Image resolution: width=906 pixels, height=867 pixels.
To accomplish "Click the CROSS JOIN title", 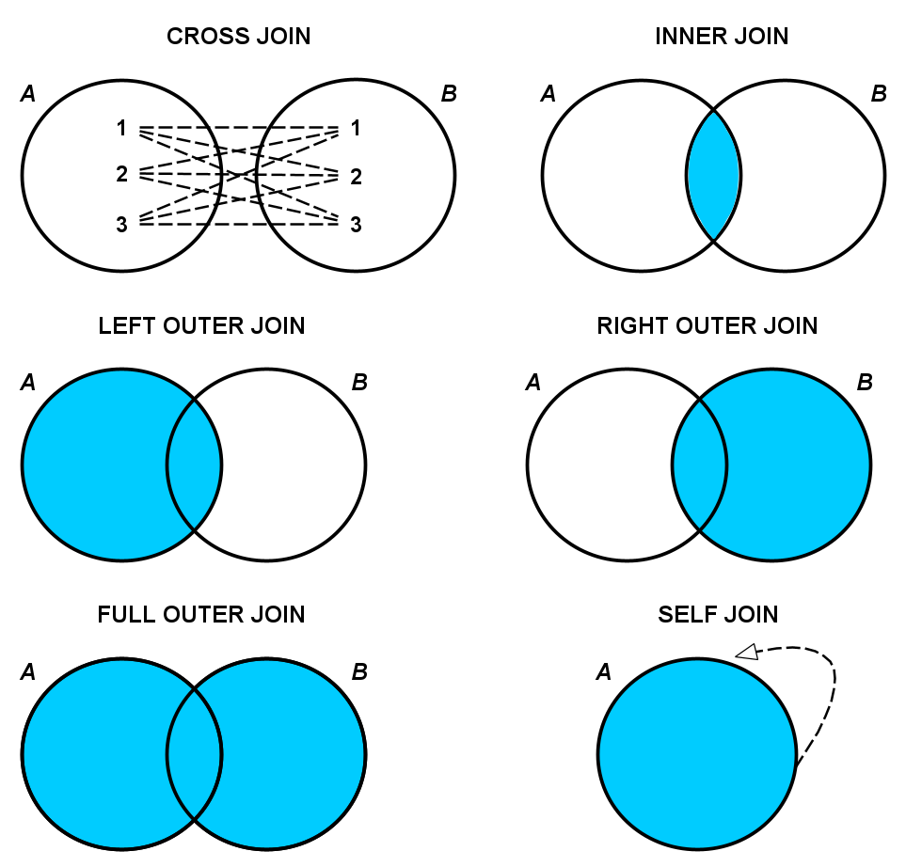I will click(238, 37).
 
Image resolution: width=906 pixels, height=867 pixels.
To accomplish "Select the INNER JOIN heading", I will click(722, 37).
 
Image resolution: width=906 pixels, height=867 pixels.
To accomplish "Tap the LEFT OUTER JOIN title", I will click(201, 326).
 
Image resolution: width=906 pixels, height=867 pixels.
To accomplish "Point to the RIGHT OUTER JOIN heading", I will click(707, 326).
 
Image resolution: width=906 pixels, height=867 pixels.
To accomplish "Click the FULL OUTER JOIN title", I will click(201, 615).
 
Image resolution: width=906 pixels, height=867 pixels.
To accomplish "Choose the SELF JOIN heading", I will click(718, 615).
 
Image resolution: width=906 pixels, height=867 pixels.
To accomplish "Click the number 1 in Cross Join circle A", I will click(121, 128).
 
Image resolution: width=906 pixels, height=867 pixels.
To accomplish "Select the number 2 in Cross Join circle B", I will click(356, 177).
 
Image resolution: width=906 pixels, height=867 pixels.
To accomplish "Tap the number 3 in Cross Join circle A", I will click(121, 225).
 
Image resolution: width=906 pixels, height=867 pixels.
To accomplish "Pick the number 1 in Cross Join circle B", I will click(356, 128).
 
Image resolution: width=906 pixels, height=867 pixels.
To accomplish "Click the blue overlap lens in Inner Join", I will click(713, 176).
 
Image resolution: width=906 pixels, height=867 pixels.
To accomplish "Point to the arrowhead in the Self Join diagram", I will click(747, 651).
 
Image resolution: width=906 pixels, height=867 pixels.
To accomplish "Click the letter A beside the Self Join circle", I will click(604, 672).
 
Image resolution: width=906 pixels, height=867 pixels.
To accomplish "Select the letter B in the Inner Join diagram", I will click(879, 94).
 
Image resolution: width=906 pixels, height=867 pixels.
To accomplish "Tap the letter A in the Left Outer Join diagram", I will click(28, 383).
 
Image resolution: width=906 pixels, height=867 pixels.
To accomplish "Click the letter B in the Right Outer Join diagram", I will click(865, 383).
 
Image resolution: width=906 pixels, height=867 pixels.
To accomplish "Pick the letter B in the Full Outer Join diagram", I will click(358, 672).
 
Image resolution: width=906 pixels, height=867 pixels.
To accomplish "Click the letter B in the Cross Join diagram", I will click(449, 94).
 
